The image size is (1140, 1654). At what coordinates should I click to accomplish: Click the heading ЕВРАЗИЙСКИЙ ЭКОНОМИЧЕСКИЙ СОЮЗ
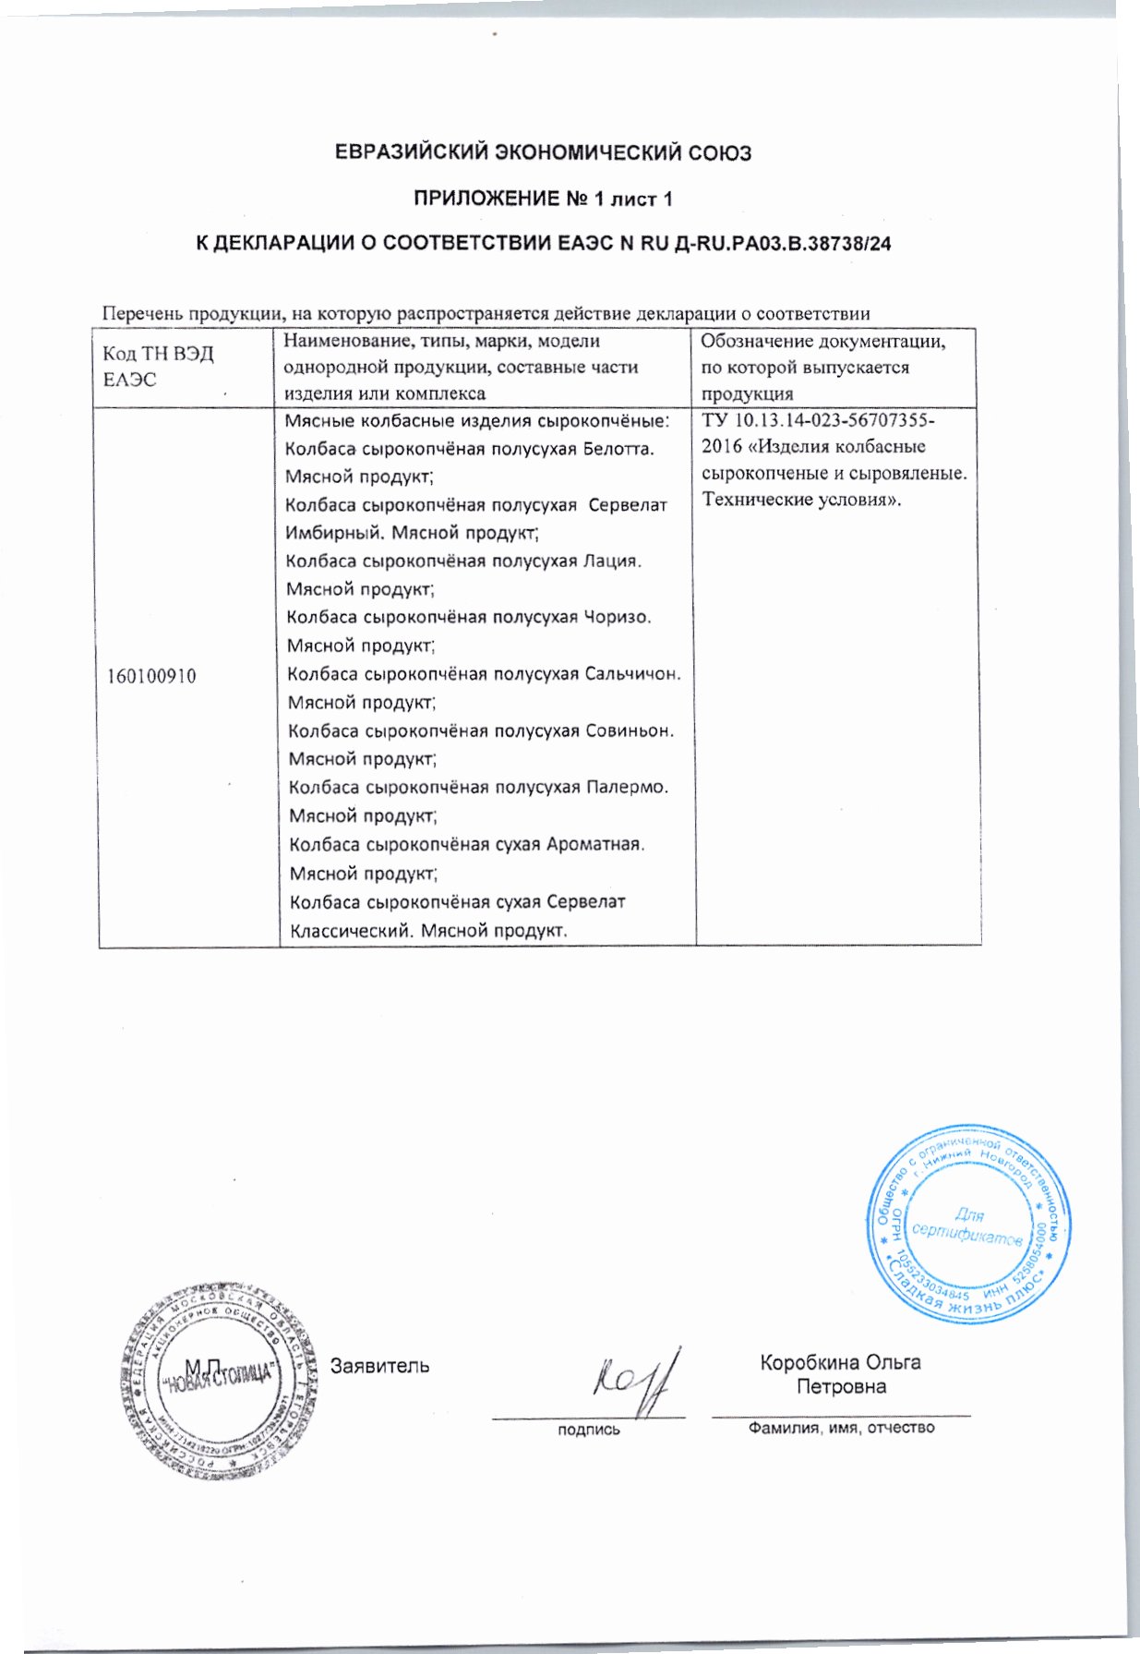click(x=543, y=152)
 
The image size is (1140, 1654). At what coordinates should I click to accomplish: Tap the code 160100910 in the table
click(x=151, y=676)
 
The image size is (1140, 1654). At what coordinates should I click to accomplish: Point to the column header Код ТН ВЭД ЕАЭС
click(x=158, y=367)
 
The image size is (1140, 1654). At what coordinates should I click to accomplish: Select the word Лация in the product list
click(x=610, y=561)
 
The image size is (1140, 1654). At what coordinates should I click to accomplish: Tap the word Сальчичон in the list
click(x=632, y=673)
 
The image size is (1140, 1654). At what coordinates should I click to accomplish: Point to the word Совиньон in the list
click(x=629, y=730)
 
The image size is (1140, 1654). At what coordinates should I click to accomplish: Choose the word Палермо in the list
click(x=627, y=787)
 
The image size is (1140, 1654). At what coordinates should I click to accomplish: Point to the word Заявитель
click(x=379, y=1365)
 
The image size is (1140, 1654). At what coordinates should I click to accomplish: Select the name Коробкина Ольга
click(x=840, y=1362)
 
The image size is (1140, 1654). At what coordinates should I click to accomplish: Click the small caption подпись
click(x=588, y=1430)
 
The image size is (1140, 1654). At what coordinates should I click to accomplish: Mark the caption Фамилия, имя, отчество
click(x=841, y=1428)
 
